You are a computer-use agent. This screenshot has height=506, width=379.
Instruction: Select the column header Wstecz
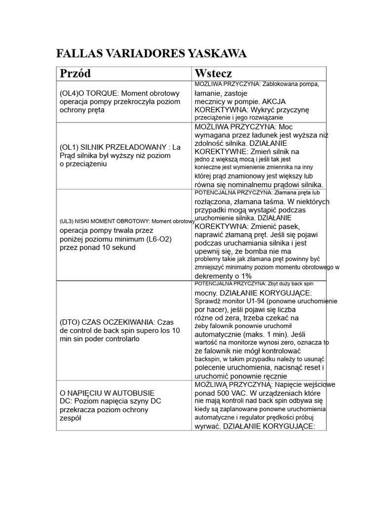click(213, 74)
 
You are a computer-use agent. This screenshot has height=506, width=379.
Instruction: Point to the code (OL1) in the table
click(69, 147)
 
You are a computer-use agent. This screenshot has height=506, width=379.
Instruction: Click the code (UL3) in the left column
click(67, 221)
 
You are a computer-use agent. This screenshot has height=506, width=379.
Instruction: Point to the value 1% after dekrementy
click(245, 276)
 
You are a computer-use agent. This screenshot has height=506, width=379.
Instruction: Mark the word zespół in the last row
click(70, 418)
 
